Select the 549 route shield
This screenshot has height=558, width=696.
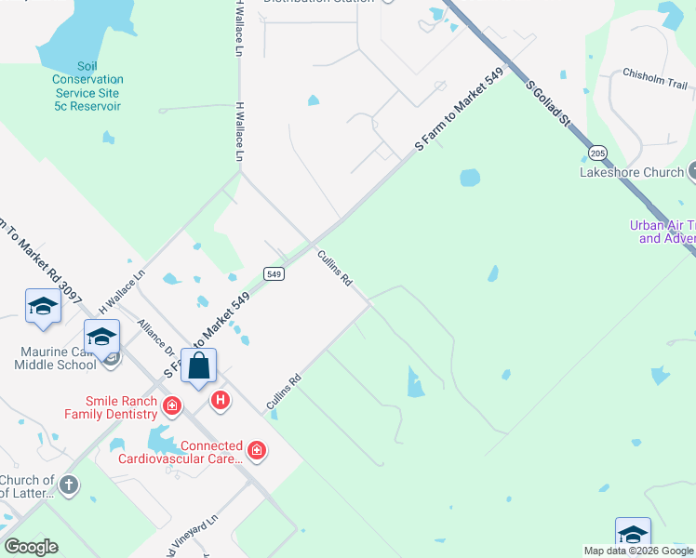click(273, 273)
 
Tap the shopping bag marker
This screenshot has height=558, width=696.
click(199, 365)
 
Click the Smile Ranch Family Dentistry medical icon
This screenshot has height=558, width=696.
click(171, 405)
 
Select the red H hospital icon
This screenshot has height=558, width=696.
click(221, 401)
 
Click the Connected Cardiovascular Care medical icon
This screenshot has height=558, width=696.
click(257, 452)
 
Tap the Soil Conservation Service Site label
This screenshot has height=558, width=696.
click(87, 86)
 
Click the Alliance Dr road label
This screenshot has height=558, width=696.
click(155, 339)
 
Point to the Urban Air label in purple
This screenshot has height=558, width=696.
click(662, 232)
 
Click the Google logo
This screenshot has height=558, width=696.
click(31, 546)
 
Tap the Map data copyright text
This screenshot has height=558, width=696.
click(638, 551)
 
